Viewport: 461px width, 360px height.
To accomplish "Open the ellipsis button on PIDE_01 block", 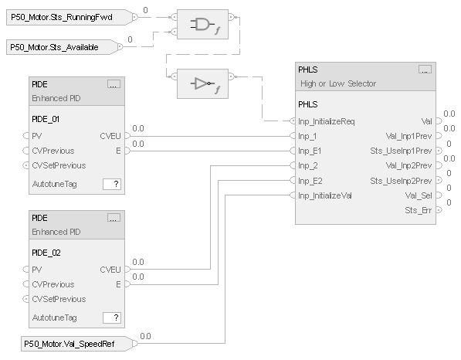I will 114,84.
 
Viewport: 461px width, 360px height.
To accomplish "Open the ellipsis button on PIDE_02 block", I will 114,218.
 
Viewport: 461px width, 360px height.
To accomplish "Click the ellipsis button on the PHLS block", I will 424,69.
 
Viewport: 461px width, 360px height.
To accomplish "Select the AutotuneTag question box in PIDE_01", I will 113,184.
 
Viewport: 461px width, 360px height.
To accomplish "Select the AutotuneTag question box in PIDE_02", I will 113,318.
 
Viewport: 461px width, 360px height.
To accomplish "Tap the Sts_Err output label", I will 418,210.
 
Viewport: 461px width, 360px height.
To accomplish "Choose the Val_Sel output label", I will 419,195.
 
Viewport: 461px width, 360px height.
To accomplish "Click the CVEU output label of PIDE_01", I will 110,136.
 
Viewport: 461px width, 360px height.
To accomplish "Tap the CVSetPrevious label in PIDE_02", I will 59,299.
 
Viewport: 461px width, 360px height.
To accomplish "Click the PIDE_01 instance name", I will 46,119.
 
